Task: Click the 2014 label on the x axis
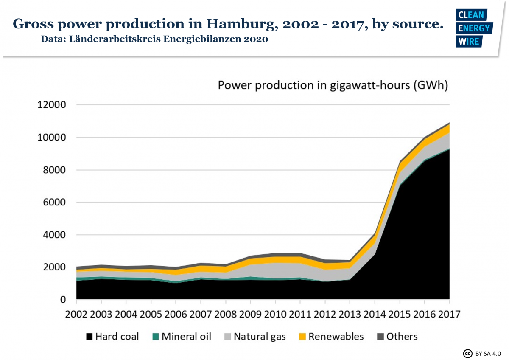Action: coord(375,315)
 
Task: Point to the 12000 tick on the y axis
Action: coord(51,105)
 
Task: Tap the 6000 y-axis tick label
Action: coord(55,202)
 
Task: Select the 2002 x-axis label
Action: coord(76,315)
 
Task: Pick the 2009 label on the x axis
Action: coord(250,315)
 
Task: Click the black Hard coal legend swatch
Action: coord(89,337)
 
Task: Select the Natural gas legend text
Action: coord(260,337)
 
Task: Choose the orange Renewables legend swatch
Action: coord(302,337)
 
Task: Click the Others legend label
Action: coord(402,337)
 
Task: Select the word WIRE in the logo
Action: coord(468,41)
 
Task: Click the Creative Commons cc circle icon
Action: coord(467,353)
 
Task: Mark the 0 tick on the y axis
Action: coord(63,300)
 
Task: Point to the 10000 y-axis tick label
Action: coord(51,138)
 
